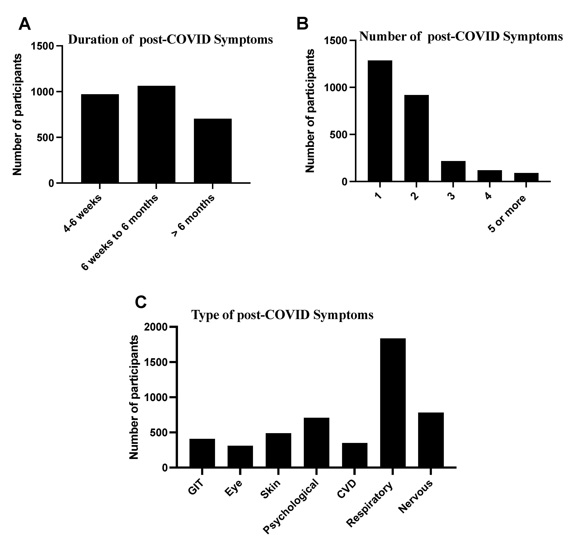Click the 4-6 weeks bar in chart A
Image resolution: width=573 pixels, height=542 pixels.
coord(100,139)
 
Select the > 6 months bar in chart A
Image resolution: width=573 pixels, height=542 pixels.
coord(213,151)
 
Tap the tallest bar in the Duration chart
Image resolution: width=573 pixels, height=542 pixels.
coord(156,134)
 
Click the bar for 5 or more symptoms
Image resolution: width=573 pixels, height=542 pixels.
coord(526,177)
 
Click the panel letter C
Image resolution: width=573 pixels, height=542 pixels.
coord(141,302)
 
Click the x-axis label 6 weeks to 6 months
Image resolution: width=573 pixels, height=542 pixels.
coord(120,233)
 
